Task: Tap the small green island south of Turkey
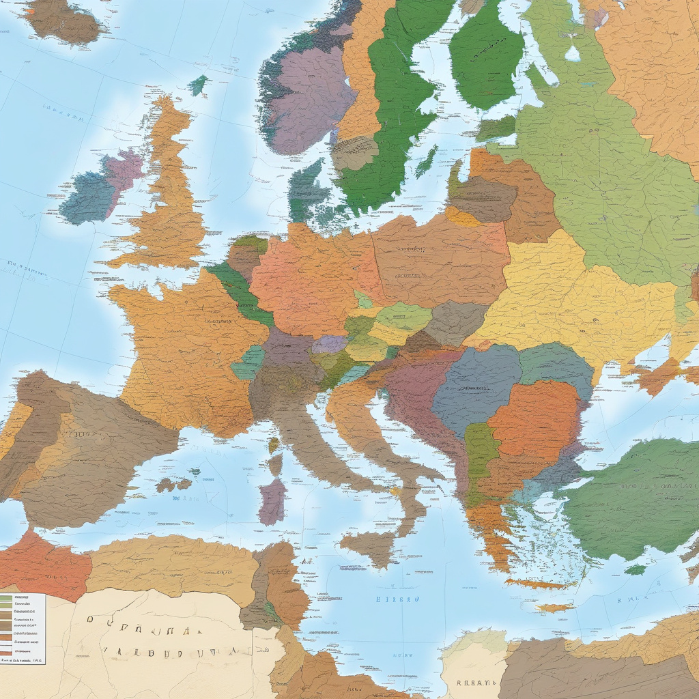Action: coord(635,569)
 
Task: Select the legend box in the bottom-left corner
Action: coord(22,629)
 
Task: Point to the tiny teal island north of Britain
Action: coord(198,85)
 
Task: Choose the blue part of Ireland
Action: coord(87,197)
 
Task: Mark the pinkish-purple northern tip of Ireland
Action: coord(124,171)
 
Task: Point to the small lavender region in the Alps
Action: coord(330,344)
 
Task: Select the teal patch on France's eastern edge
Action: coord(248,362)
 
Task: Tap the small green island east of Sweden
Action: coord(427,160)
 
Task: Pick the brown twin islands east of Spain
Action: coord(173,485)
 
